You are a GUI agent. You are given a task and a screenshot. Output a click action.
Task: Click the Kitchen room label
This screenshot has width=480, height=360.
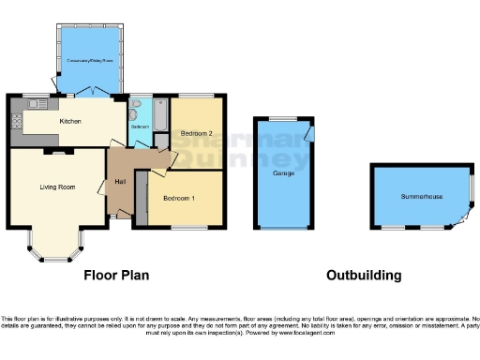(70, 122)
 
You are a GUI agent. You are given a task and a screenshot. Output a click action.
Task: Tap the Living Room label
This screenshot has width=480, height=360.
(56, 187)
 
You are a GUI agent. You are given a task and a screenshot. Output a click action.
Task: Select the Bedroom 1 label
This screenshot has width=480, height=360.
(179, 199)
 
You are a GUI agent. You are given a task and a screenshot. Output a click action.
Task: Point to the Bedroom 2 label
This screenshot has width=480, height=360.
(197, 133)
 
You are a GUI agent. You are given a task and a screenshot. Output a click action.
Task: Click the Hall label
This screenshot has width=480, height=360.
(120, 181)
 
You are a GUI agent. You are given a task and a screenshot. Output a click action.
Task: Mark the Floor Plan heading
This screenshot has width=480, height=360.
(116, 276)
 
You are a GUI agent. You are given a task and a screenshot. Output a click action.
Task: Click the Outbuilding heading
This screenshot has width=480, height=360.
(364, 276)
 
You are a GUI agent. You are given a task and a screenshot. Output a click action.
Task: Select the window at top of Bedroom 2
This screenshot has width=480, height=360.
(196, 97)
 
